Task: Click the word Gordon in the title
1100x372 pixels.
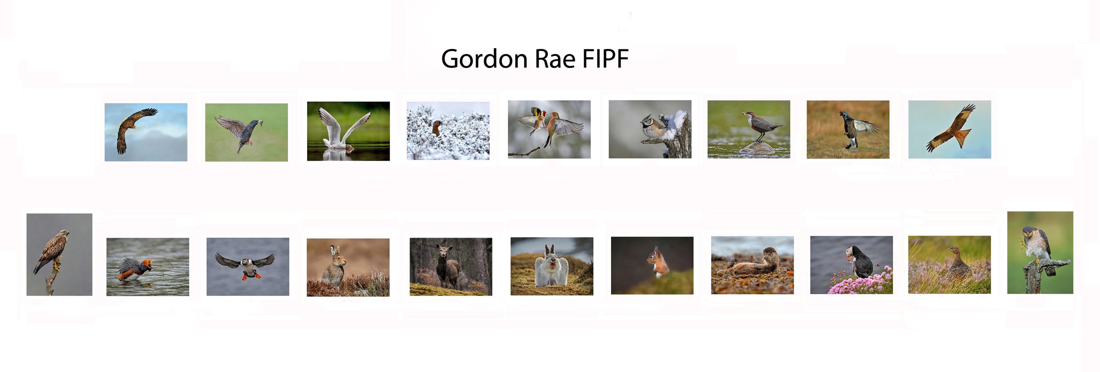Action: [484, 59]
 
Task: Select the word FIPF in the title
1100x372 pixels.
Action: [605, 59]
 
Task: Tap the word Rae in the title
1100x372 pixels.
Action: [555, 59]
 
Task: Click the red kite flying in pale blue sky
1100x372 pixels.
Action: [950, 128]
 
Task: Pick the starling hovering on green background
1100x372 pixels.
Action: [240, 131]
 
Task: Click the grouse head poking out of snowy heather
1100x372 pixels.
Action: [437, 128]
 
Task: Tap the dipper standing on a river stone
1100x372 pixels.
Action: [759, 125]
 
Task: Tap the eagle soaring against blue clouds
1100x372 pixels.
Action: [133, 129]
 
